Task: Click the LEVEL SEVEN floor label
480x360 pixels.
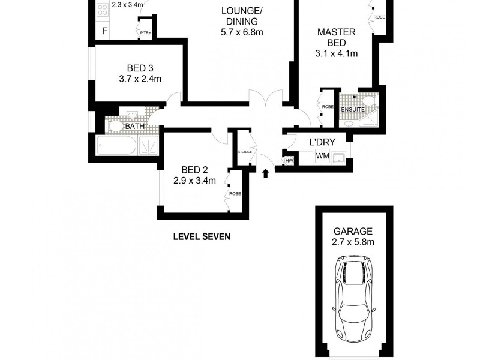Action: pos(202,236)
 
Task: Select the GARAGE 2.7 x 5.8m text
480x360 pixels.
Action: pos(353,236)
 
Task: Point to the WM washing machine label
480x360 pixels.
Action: pos(322,157)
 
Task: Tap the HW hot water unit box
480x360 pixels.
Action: pos(289,160)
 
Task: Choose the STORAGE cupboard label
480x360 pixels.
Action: pos(245,152)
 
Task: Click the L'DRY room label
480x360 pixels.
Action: pos(321,143)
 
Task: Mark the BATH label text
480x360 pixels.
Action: pos(134,126)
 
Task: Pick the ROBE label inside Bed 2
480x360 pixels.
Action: pos(234,194)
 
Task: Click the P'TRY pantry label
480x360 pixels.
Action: pos(145,32)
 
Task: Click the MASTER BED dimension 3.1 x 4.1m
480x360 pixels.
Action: pos(336,53)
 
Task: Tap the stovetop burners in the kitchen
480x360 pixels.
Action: pos(101,8)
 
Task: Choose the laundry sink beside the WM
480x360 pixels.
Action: pos(340,157)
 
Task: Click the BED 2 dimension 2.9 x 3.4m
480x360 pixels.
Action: pos(194,180)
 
